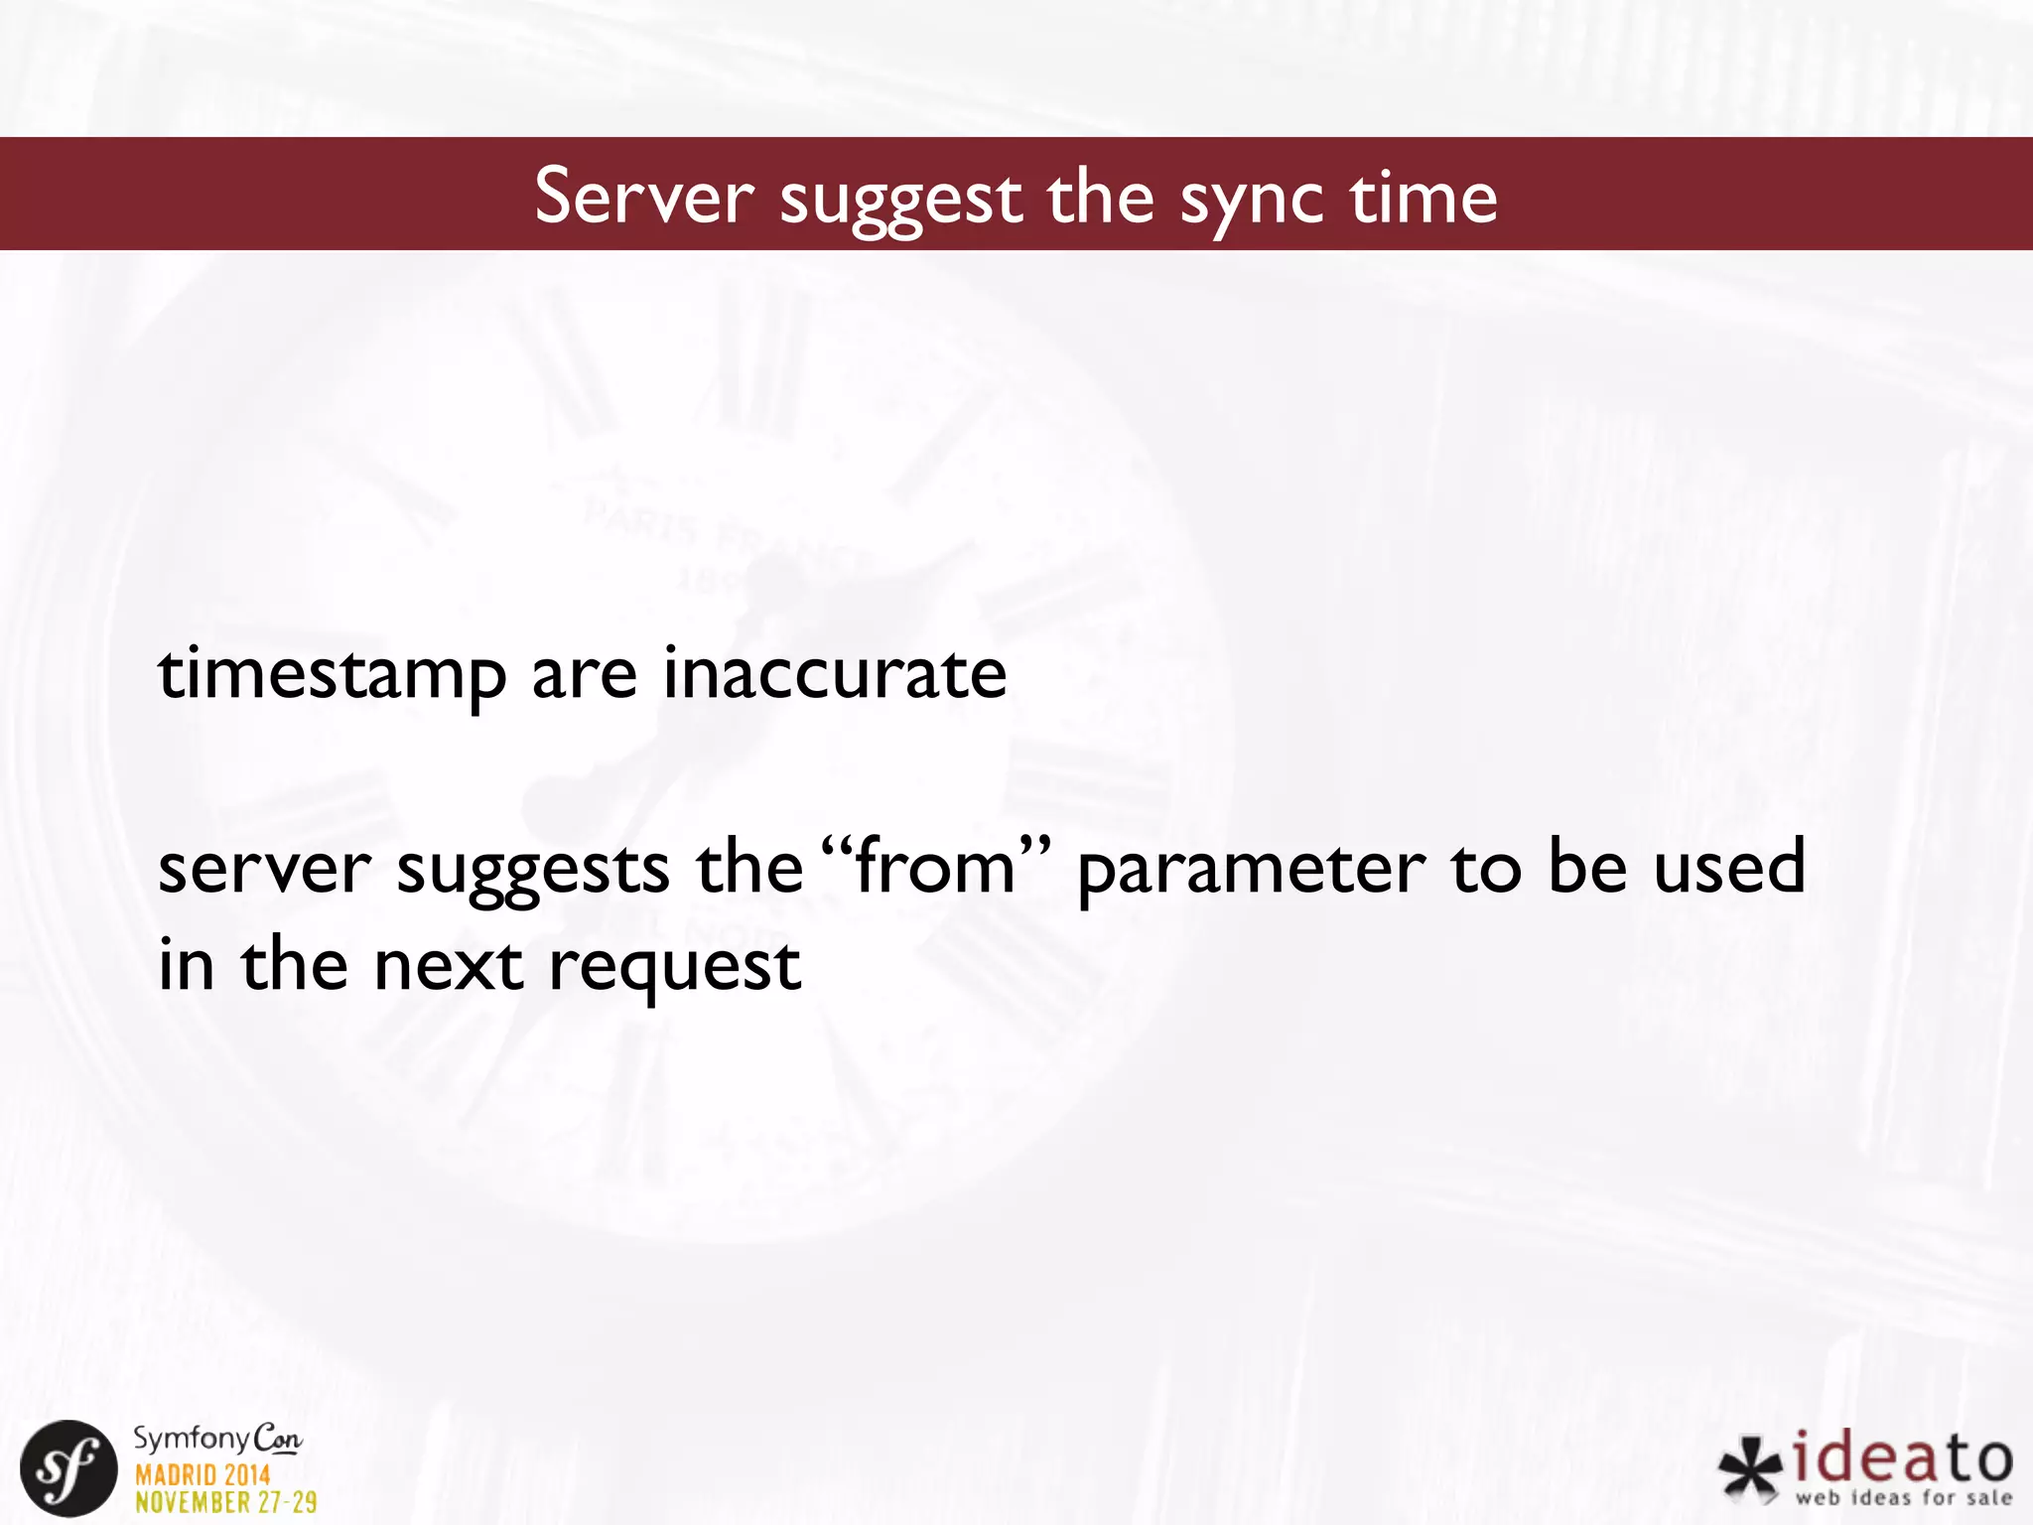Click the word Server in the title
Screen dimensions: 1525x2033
click(644, 197)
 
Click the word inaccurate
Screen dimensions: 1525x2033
click(835, 673)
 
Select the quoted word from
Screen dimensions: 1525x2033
click(935, 866)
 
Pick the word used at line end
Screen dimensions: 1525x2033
click(1728, 866)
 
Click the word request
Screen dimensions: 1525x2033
click(675, 968)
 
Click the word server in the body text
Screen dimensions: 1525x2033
click(264, 868)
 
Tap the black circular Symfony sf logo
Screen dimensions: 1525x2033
click(68, 1468)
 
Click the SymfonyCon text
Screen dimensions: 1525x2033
click(217, 1439)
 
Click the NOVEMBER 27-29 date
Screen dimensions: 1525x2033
click(226, 1501)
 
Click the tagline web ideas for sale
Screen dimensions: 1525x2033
click(1903, 1497)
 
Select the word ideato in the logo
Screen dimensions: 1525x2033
click(1903, 1458)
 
